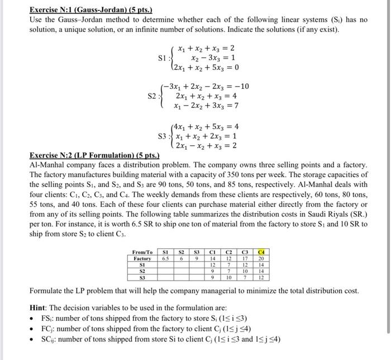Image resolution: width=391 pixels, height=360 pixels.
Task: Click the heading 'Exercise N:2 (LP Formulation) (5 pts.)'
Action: point(94,155)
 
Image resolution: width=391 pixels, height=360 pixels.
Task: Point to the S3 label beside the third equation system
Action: point(164,136)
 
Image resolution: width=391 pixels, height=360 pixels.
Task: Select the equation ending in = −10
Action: point(205,86)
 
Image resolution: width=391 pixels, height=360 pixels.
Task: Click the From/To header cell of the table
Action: point(142,252)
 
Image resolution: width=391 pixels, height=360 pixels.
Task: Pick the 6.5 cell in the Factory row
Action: point(165,258)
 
